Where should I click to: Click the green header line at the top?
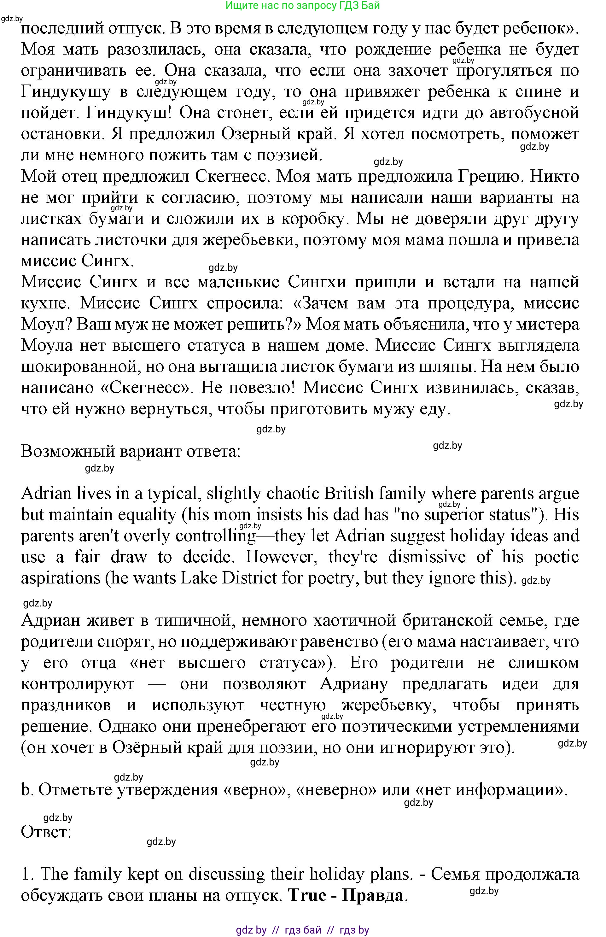(303, 5)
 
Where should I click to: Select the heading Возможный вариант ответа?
(130, 451)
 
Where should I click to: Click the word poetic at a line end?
(556, 557)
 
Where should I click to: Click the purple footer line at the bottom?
(303, 930)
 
